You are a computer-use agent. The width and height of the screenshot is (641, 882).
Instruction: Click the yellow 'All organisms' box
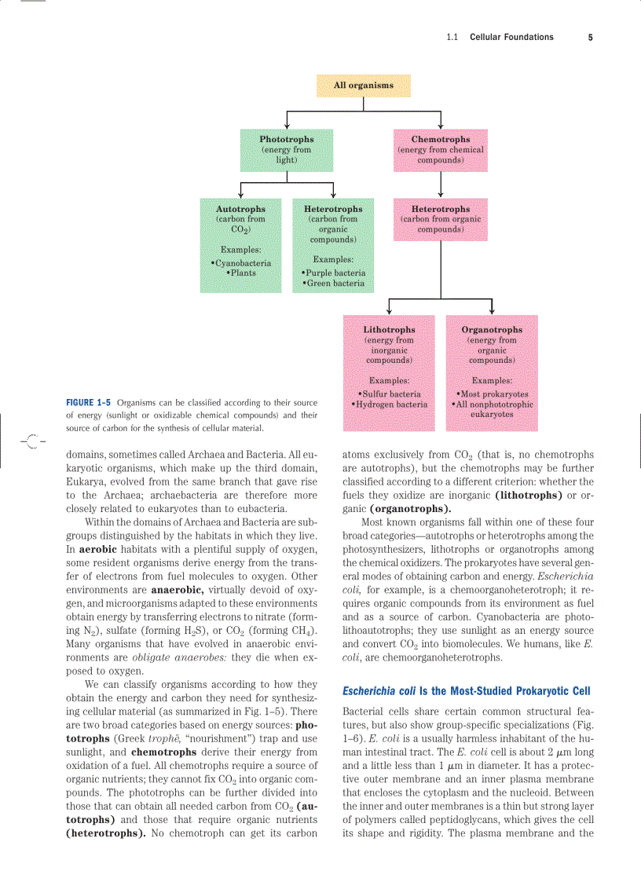[x=363, y=85]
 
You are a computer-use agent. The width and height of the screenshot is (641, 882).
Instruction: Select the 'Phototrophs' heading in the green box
[x=287, y=139]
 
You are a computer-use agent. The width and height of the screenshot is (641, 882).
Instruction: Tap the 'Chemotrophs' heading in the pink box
[x=440, y=139]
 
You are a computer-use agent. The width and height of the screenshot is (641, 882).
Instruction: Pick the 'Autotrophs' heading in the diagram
[x=240, y=209]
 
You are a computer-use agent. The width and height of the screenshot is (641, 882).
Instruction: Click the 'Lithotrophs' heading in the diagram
[x=389, y=330]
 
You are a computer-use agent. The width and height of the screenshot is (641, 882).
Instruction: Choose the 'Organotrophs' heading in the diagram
[x=492, y=330]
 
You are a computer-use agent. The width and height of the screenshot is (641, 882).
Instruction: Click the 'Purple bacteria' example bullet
[x=334, y=273]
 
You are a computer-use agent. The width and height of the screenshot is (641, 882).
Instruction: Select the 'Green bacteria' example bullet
[x=334, y=283]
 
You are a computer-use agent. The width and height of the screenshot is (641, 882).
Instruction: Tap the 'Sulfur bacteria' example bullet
[x=390, y=393]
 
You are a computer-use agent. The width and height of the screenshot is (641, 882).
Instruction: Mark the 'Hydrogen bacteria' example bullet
[x=390, y=404]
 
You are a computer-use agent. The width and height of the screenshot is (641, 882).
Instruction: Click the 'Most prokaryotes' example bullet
[x=493, y=393]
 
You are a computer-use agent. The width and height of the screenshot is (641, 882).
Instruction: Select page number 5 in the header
[x=590, y=37]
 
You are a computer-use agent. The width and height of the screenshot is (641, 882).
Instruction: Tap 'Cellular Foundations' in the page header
[x=511, y=37]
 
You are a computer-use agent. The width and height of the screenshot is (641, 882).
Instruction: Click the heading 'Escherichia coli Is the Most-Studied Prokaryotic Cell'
[x=466, y=691]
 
